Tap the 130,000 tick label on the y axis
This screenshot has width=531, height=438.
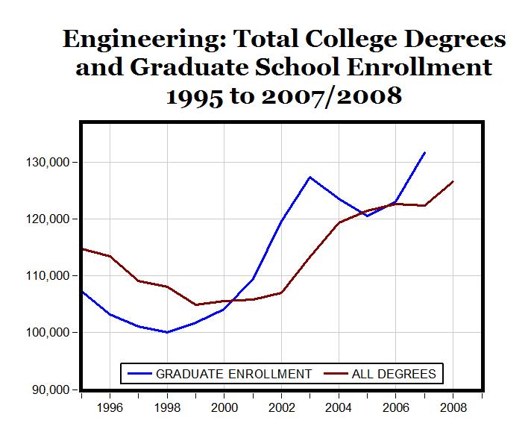tap(47, 163)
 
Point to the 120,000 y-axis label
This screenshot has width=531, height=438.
tap(47, 219)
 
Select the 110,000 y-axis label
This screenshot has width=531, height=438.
tap(47, 276)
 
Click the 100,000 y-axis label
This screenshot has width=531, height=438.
tap(47, 333)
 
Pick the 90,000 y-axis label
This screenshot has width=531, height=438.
tap(50, 389)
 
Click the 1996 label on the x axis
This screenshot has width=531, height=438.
tap(110, 408)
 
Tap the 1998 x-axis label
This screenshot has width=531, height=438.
tap(167, 408)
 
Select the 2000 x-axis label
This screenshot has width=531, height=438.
tap(224, 408)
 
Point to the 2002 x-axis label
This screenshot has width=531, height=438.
tap(282, 408)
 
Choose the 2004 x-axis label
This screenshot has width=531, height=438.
tap(339, 408)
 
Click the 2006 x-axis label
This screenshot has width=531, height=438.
tap(396, 408)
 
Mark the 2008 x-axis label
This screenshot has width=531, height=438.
tap(453, 408)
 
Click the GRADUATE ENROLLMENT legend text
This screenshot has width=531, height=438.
tap(233, 373)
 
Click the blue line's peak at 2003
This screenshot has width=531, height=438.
tap(310, 177)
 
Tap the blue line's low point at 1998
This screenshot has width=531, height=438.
tap(167, 332)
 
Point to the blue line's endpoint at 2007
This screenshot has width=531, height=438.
tap(424, 152)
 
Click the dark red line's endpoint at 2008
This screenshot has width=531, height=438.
tap(453, 181)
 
